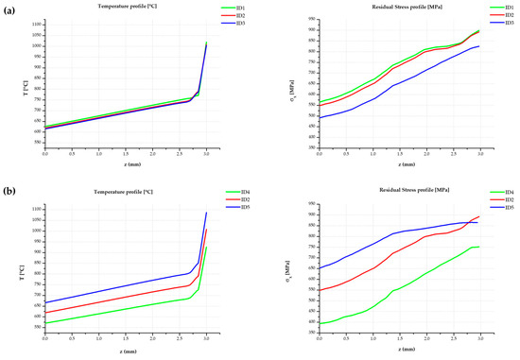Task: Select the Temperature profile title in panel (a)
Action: coord(127,7)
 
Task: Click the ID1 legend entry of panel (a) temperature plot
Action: coord(239,9)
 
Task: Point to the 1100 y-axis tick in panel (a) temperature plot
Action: coord(34,21)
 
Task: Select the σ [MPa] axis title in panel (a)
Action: coord(289,83)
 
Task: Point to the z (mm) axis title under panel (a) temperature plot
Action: coord(127,165)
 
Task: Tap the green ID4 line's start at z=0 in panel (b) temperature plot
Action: coord(44,323)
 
